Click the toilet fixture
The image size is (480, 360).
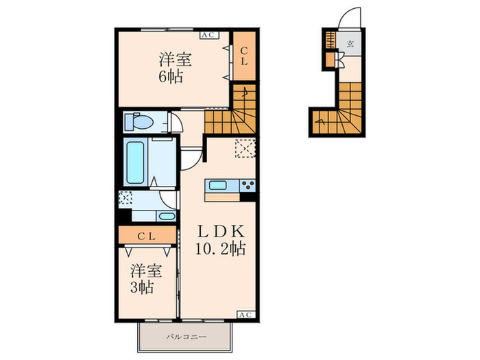[x=139, y=122]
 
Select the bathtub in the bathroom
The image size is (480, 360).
[x=134, y=163]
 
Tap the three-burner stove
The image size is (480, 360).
[x=248, y=186]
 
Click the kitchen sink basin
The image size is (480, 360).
[x=217, y=185]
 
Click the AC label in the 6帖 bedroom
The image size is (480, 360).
[x=209, y=35]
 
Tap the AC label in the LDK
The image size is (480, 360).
[x=246, y=315]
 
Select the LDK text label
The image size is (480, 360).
[x=221, y=231]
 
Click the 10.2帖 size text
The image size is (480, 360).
[x=221, y=248]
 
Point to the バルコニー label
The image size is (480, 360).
[x=186, y=337]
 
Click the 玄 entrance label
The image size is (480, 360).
[x=350, y=43]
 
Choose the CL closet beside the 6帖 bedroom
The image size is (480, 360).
[x=244, y=56]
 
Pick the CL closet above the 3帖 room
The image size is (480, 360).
[x=147, y=235]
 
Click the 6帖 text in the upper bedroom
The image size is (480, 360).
[x=171, y=77]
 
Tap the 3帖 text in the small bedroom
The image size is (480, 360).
[x=142, y=287]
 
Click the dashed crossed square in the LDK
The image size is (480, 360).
[x=245, y=149]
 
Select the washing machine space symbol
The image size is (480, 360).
[x=125, y=197]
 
